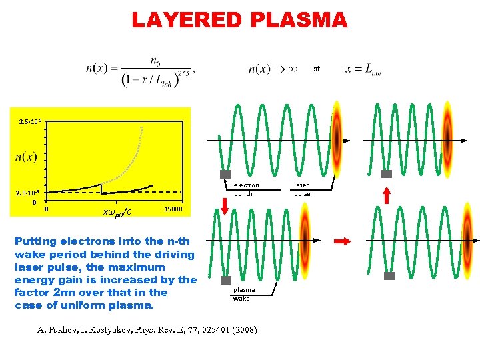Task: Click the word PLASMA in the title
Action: pyautogui.click(x=299, y=20)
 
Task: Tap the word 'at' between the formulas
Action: pyautogui.click(x=317, y=68)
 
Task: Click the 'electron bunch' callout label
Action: pyautogui.click(x=246, y=189)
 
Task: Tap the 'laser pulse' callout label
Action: pyautogui.click(x=303, y=189)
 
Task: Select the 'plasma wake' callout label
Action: pyautogui.click(x=243, y=294)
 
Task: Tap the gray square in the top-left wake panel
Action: pyautogui.click(x=225, y=174)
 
